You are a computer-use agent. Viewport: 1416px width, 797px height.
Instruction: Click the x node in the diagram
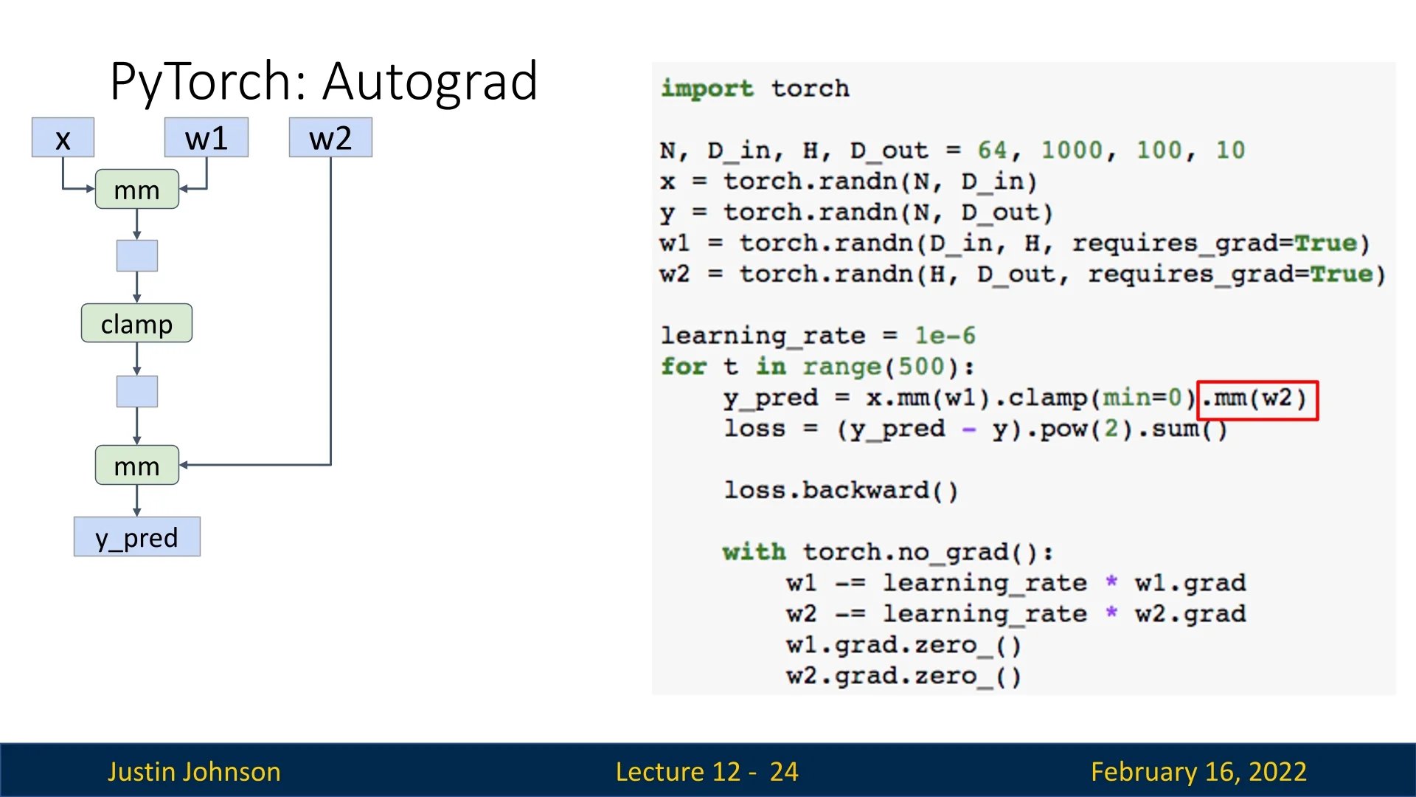point(63,138)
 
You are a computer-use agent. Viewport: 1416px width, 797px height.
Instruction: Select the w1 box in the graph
point(206,138)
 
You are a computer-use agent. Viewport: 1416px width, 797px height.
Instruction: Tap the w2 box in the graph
point(330,138)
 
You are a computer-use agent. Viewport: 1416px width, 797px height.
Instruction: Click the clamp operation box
point(136,323)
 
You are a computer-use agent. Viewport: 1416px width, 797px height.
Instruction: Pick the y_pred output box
point(136,536)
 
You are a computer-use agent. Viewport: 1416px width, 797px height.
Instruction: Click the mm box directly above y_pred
point(136,465)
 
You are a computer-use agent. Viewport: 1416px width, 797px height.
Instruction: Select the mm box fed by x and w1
point(136,190)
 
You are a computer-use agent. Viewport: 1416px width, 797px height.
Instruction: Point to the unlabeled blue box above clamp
point(136,255)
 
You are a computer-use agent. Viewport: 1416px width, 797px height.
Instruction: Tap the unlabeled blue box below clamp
point(136,391)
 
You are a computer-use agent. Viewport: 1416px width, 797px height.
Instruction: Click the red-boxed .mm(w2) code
point(1257,399)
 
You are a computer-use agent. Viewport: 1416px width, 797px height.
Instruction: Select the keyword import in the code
point(707,89)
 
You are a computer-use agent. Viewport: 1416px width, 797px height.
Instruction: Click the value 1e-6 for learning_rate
point(945,336)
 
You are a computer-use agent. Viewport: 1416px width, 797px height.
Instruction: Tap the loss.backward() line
point(841,491)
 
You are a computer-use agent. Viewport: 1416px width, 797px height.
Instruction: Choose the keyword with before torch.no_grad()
point(754,552)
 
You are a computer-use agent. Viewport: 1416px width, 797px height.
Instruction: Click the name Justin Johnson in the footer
point(194,771)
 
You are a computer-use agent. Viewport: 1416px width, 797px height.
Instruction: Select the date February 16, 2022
point(1198,771)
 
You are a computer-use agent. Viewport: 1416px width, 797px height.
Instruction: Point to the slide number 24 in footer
point(783,771)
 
